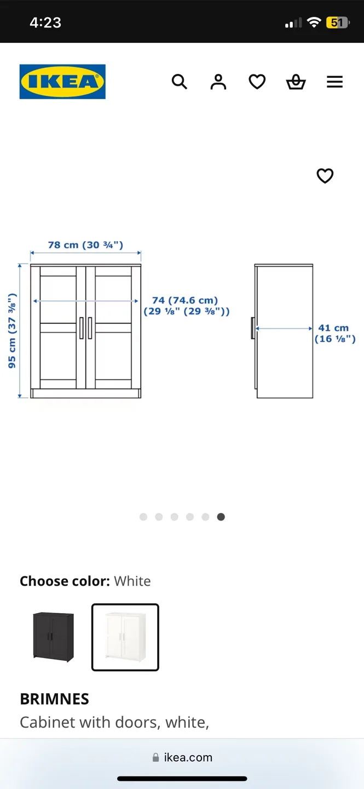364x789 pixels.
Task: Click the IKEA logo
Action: coord(62,82)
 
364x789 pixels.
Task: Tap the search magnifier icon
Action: coord(180,82)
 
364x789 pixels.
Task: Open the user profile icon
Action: coord(218,82)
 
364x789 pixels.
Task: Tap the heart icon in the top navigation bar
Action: coord(257,82)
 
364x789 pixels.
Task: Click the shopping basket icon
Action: coord(296,82)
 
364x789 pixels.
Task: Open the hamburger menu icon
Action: coord(334,82)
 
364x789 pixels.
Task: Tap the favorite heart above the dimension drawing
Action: coord(325,176)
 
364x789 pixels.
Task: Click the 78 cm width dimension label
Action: coord(85,245)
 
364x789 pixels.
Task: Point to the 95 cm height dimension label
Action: coord(12,330)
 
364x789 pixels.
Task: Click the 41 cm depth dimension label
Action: coord(334,333)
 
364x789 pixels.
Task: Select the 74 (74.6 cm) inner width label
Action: coord(186,306)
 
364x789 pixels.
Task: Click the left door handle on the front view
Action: coord(82,328)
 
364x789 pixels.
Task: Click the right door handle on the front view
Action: coord(90,328)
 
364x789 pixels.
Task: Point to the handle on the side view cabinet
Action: coord(253,328)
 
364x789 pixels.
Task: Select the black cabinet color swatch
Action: coord(53,637)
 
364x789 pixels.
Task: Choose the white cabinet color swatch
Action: coord(125,637)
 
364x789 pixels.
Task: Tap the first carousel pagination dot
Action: coord(143,517)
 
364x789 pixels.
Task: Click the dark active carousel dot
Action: coord(221,517)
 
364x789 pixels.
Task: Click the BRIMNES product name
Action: coord(54,699)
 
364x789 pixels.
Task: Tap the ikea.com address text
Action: coord(188,757)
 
